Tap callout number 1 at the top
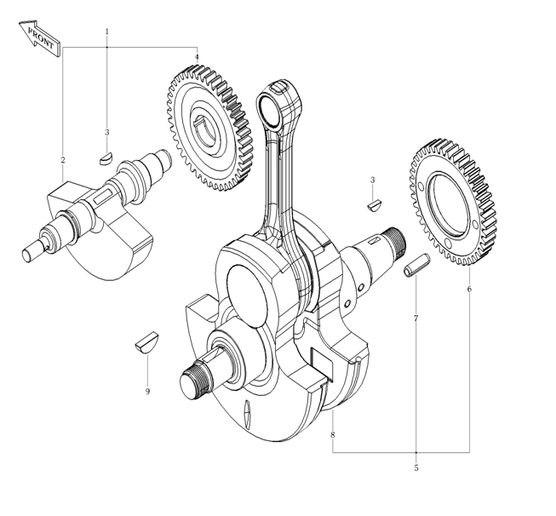tap(107, 32)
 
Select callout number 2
tap(62, 160)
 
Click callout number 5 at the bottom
tap(416, 467)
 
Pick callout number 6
tap(469, 290)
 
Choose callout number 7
tap(416, 318)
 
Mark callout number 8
tap(332, 435)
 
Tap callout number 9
tap(147, 391)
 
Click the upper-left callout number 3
tap(106, 133)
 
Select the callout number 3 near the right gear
tap(372, 181)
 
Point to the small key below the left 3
tap(106, 157)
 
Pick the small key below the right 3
tap(374, 204)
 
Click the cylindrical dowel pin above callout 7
tap(415, 266)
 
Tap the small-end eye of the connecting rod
tap(278, 105)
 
